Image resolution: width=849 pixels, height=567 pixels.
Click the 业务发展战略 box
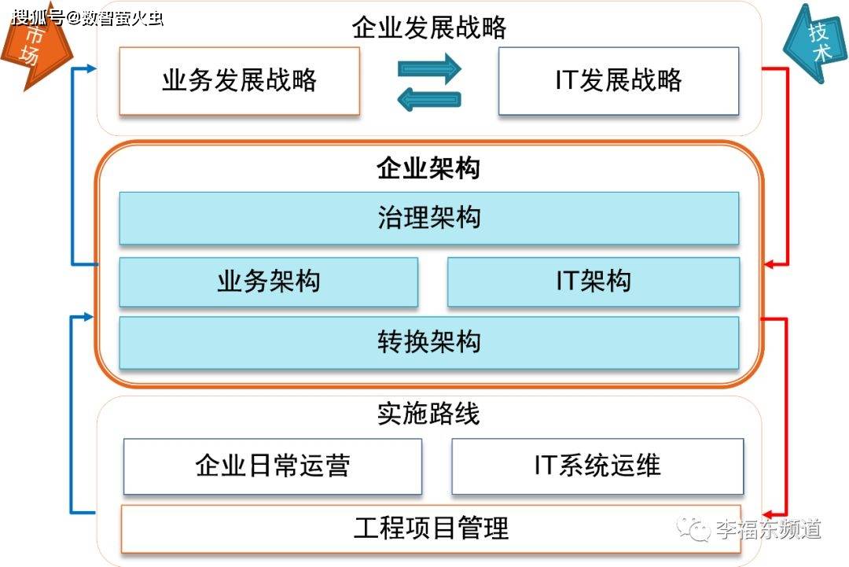coord(239,81)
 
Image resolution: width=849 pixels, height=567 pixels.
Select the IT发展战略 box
coord(619,81)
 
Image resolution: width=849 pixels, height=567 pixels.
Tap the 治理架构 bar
coord(428,218)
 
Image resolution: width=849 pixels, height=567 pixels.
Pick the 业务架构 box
coord(268,282)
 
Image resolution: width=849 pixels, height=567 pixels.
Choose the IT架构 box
coord(594,282)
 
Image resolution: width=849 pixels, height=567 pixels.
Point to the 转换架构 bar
coord(428,342)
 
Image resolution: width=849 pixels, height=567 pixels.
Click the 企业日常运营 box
coord(272,466)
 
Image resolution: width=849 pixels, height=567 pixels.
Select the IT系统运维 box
coord(597,466)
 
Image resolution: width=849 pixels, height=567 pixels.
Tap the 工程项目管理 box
coord(431,528)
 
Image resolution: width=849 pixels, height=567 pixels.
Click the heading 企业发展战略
coord(429,28)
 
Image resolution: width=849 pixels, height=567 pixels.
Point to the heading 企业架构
coord(428,168)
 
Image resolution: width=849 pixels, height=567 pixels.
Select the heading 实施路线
coord(428,414)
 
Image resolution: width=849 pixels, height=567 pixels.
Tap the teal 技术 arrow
coord(814,43)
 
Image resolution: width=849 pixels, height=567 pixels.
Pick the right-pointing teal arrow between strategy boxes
coord(429,69)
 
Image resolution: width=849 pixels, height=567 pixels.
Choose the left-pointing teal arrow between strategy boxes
coord(429,98)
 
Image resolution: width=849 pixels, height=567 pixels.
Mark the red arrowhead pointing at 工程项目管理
coord(770,512)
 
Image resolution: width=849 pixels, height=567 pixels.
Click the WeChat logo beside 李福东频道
coord(694,529)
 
